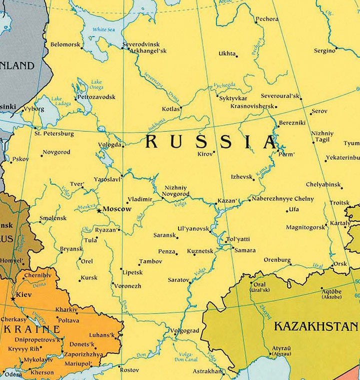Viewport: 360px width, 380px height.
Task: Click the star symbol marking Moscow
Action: coord(98,210)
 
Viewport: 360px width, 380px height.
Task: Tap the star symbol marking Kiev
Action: coord(12,299)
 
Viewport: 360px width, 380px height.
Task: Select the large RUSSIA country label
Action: coord(210,142)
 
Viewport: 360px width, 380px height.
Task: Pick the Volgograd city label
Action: coord(184,331)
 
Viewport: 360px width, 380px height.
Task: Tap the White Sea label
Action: coord(103,30)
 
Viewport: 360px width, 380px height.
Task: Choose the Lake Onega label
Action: coord(97,85)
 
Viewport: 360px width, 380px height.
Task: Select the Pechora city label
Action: coord(267,20)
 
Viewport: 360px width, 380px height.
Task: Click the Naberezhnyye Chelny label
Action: coord(283,199)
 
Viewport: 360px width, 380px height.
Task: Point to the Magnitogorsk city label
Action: coord(305,227)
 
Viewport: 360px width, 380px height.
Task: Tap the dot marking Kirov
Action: coord(214,152)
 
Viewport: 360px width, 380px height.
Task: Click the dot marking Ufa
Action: coord(286,210)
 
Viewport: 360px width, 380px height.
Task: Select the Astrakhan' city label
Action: coord(206,371)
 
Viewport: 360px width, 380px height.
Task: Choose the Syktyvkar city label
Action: coord(233,98)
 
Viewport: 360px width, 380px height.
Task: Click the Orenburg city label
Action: coord(277,260)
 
